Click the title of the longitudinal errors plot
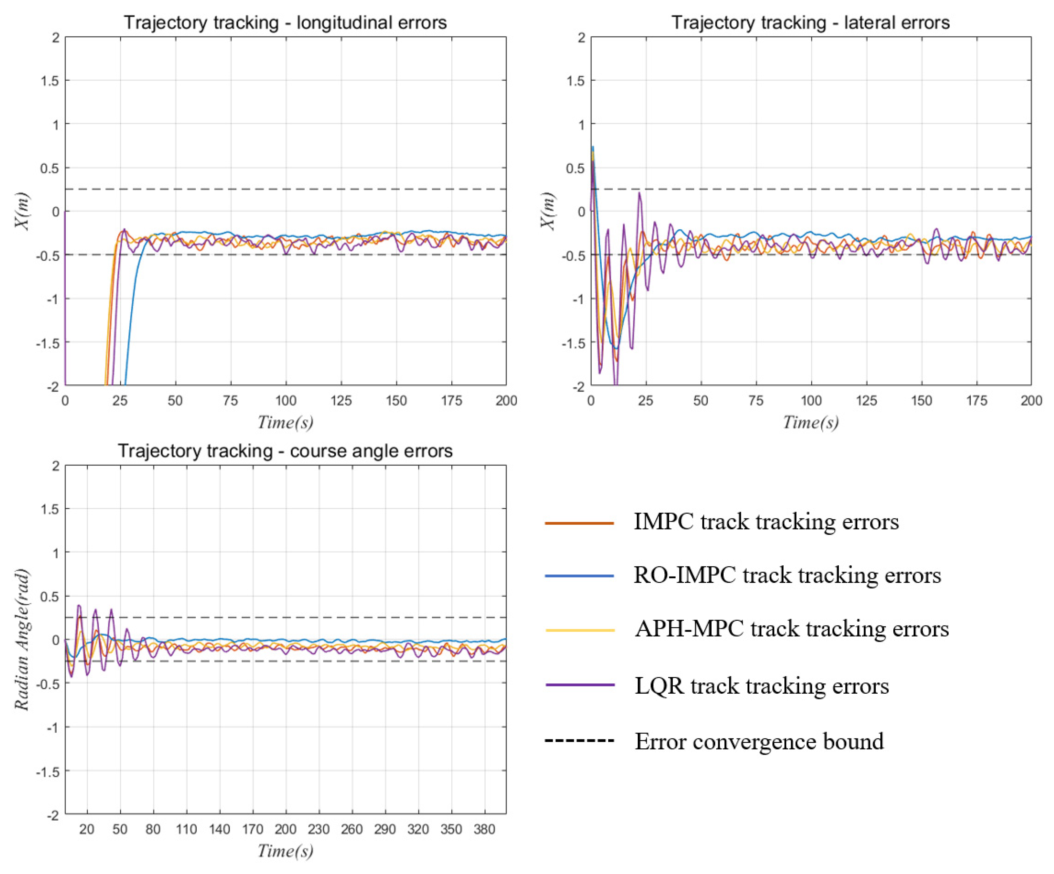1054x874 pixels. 285,23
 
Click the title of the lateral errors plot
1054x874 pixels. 810,23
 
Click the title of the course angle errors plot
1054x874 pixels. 285,451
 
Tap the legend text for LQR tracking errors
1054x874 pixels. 761,686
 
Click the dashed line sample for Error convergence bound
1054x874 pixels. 580,741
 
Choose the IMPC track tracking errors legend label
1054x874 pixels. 766,522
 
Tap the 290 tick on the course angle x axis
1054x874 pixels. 385,829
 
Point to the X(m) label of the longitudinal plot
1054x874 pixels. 21,211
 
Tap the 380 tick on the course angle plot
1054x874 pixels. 484,829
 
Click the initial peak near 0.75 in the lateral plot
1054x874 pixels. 593,147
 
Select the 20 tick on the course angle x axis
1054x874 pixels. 87,829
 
